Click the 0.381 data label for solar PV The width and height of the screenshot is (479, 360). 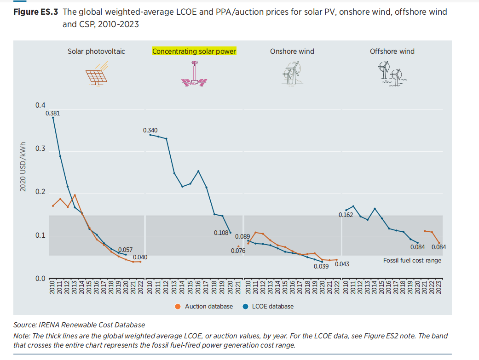pyautogui.click(x=53, y=113)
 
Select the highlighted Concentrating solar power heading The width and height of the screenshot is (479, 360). pyautogui.click(x=194, y=51)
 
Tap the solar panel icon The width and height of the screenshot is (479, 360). pyautogui.click(x=97, y=74)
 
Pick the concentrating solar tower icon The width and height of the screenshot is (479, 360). pyautogui.click(x=194, y=74)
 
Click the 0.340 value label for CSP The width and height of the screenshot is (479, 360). pyautogui.click(x=150, y=131)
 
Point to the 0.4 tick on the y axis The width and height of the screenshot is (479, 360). pyautogui.click(x=40, y=106)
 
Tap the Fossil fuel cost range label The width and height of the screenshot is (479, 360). pyautogui.click(x=412, y=261)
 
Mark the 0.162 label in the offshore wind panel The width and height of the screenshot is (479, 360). pyautogui.click(x=346, y=215)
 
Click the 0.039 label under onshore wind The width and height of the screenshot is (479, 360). pyautogui.click(x=321, y=266)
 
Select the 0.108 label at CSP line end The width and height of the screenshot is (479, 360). pyautogui.click(x=221, y=233)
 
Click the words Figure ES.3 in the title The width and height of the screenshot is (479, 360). pyautogui.click(x=36, y=12)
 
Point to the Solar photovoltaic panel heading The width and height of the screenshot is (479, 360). pyautogui.click(x=96, y=51)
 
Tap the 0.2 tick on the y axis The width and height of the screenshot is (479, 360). pyautogui.click(x=40, y=192)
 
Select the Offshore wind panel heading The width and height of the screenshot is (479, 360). pyautogui.click(x=392, y=51)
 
